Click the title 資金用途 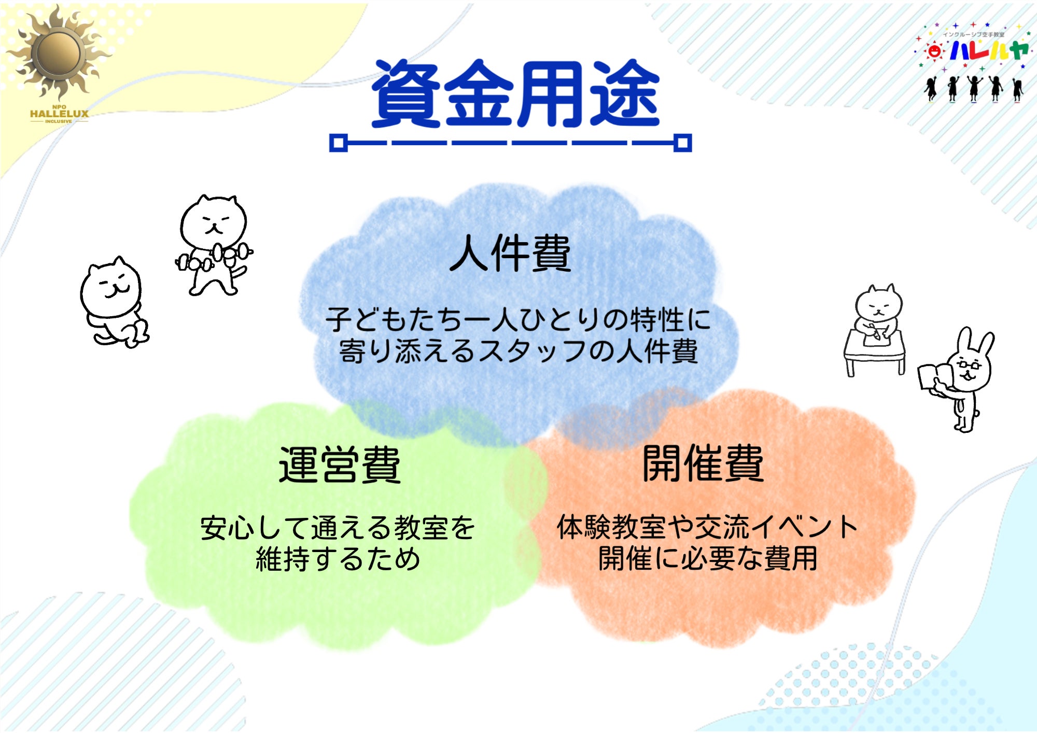pyautogui.click(x=515, y=94)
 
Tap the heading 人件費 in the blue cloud pyautogui.click(x=510, y=253)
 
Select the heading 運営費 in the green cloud pyautogui.click(x=340, y=464)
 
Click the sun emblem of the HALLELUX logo pyautogui.click(x=58, y=52)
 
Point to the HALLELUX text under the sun pyautogui.click(x=59, y=114)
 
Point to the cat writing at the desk pyautogui.click(x=875, y=329)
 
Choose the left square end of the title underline pyautogui.click(x=339, y=143)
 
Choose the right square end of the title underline pyautogui.click(x=682, y=143)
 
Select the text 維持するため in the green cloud pyautogui.click(x=338, y=559)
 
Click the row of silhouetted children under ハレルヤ pyautogui.click(x=974, y=88)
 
